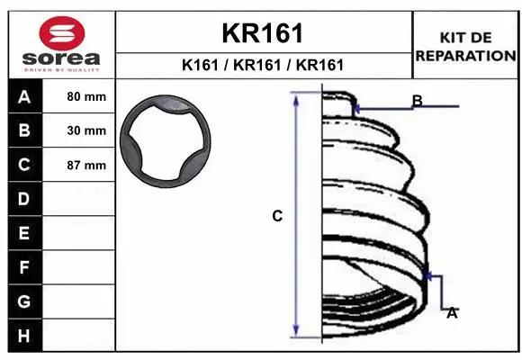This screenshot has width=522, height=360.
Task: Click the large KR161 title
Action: point(262,33)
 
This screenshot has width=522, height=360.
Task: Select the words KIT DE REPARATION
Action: point(465,47)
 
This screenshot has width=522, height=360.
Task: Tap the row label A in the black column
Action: point(24,95)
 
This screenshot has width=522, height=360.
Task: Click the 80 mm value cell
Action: point(86,95)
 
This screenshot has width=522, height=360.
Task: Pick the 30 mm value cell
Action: point(86,130)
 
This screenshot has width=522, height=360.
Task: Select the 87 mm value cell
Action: point(86,166)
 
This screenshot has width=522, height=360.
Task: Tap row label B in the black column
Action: point(24,130)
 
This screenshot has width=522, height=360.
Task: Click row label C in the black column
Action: point(24,165)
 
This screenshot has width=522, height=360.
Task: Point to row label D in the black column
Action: point(24,199)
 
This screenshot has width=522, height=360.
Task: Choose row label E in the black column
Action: point(24,233)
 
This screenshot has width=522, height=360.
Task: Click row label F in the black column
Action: point(24,267)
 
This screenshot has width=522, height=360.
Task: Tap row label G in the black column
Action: point(24,301)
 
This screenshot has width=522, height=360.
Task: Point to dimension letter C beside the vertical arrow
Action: point(277,216)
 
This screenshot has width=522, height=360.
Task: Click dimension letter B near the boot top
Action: point(417,100)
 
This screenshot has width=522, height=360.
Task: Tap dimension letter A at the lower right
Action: point(452,312)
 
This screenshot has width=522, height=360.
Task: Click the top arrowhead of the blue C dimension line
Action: point(298,98)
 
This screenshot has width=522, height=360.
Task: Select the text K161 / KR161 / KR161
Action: point(263,65)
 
